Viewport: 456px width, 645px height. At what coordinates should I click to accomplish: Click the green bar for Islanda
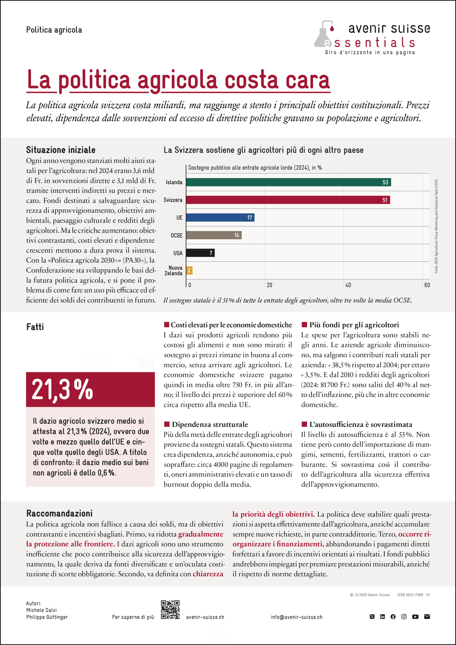coord(288,182)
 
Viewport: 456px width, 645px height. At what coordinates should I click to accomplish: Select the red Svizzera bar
coord(288,200)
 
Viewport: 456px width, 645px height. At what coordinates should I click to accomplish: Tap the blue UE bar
coord(220,217)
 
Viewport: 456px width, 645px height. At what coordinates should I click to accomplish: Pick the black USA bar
coord(200,253)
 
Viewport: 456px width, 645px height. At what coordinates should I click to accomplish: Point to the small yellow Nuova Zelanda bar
coord(189,271)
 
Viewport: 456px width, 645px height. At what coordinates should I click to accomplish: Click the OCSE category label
coord(176,235)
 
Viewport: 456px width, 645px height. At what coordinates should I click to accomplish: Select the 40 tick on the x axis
coord(348,285)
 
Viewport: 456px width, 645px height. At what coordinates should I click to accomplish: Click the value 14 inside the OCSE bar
coord(237,235)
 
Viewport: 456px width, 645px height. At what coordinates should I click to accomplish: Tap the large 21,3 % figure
coord(62,390)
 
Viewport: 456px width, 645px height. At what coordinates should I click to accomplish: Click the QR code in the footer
coord(170,610)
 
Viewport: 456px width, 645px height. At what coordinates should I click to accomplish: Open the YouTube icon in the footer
coord(415,617)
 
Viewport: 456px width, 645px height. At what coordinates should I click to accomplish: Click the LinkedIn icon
coord(382,617)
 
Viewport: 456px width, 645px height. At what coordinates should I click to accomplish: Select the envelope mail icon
coord(427,617)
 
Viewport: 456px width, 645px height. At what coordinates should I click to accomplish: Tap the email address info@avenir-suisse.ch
coord(297,617)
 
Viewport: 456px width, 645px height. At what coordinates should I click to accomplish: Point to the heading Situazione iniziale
coord(61,150)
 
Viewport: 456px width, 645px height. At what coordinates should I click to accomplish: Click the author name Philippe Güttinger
coord(47,617)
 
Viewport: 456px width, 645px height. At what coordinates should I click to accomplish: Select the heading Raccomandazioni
coord(59,513)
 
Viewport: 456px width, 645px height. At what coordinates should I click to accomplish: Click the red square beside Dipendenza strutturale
coord(167,424)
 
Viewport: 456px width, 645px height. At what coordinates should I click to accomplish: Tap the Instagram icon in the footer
coord(404,617)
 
